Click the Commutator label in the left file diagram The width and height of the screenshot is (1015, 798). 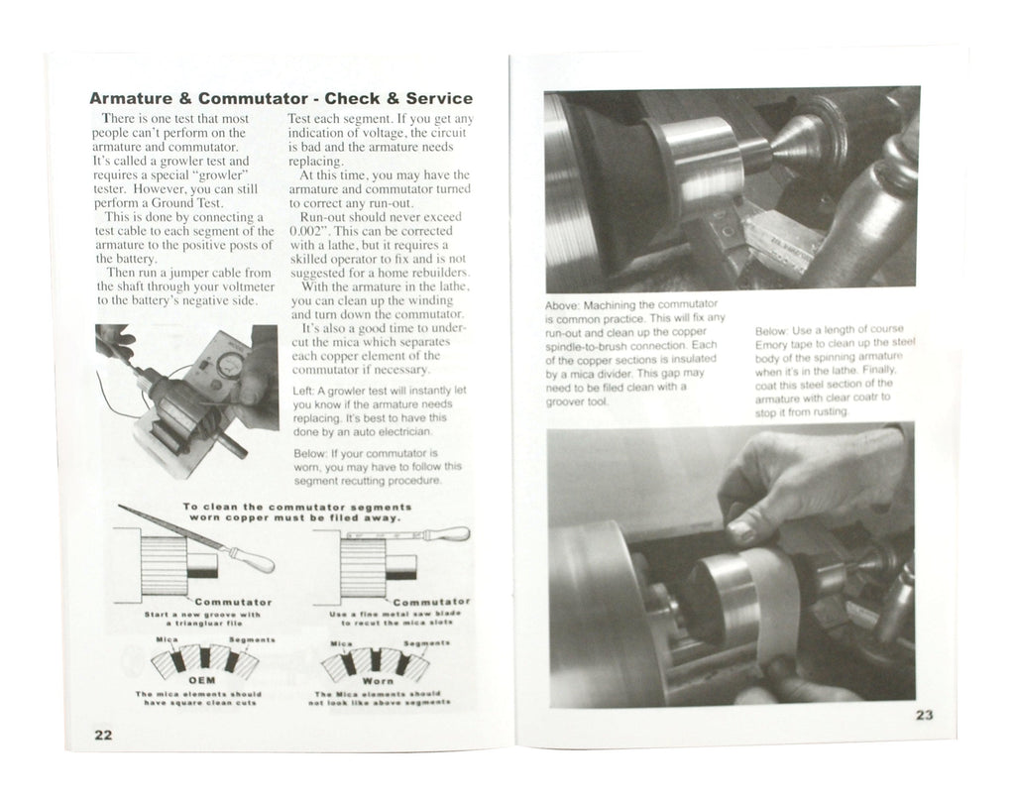[233, 602]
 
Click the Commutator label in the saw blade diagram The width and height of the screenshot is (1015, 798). [431, 602]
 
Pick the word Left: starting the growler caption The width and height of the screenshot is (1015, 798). [304, 391]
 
